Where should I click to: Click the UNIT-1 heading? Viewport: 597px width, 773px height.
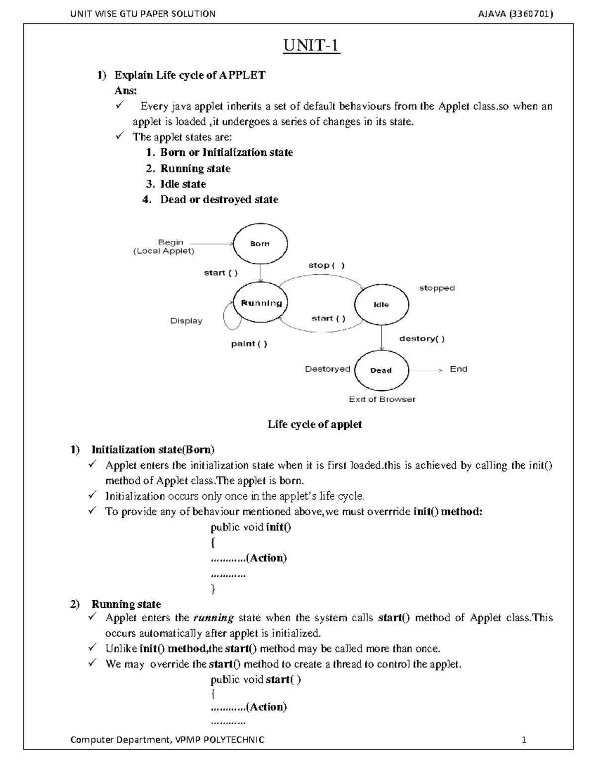click(x=311, y=46)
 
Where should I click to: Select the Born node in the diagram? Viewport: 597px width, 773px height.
click(x=260, y=243)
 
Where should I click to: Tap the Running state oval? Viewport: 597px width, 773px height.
click(x=261, y=303)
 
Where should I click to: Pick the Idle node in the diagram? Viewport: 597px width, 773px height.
click(x=381, y=305)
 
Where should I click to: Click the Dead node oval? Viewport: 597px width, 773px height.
click(x=381, y=370)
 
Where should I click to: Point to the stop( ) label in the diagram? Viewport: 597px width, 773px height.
click(x=326, y=265)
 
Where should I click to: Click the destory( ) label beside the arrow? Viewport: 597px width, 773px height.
click(x=422, y=339)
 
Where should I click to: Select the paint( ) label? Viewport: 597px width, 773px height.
click(x=249, y=344)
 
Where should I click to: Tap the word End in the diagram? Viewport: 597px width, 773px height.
click(x=458, y=369)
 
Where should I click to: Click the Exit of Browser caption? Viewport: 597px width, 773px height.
click(x=382, y=399)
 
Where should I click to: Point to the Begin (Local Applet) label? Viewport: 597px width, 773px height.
click(x=164, y=247)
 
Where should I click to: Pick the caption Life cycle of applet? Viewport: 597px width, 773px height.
click(x=314, y=425)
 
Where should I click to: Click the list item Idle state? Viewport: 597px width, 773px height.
click(x=183, y=184)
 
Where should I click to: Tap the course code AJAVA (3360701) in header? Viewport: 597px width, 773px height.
click(x=515, y=14)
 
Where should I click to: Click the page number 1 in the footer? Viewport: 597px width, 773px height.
click(x=523, y=740)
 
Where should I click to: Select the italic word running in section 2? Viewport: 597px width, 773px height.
click(x=213, y=618)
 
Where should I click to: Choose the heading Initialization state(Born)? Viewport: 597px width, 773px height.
click(x=153, y=450)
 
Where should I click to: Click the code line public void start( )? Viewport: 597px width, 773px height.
click(x=256, y=679)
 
